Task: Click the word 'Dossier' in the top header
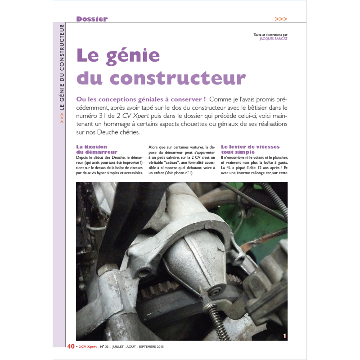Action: point(92,19)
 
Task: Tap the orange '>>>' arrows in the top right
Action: point(280,19)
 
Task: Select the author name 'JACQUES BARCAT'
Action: point(274,39)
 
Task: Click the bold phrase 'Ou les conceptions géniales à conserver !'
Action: point(141,99)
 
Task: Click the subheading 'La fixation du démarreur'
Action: point(97,149)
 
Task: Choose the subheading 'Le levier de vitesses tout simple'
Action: point(250,149)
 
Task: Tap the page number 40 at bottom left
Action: point(71,346)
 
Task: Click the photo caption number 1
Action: point(284,336)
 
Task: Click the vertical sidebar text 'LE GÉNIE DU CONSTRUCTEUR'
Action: point(62,72)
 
